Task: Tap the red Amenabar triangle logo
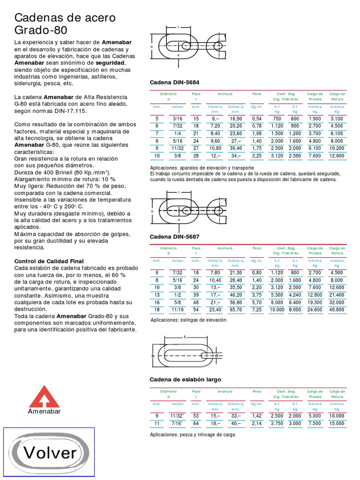pos(45,397)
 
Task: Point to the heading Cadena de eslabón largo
pos(185,379)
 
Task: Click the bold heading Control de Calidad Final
pos(49,261)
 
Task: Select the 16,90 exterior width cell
pos(235,119)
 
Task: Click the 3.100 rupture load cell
pos(337,119)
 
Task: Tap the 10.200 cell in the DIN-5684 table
pos(337,148)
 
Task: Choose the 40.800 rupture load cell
pos(337,310)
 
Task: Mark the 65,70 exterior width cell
pos(235,310)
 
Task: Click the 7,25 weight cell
pos(257,310)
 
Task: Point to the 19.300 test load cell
pos(315,302)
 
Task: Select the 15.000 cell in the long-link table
pos(337,423)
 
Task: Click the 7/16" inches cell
pos(177,423)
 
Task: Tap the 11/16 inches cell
pos(177,310)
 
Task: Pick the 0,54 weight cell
pos(257,119)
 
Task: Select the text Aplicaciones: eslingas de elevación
pos(188,320)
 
